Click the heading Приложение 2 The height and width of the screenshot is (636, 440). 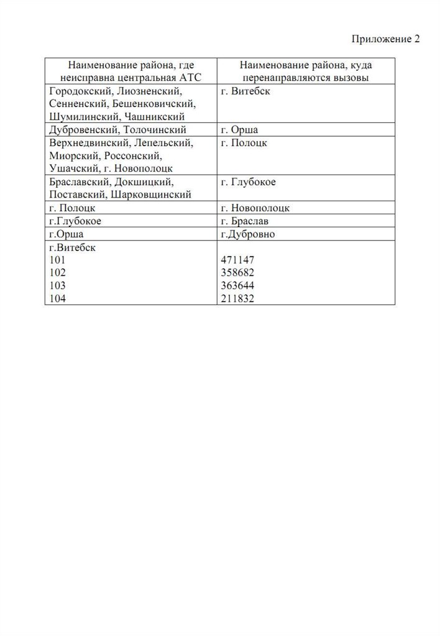coord(386,40)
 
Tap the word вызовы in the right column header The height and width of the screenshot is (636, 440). coord(349,78)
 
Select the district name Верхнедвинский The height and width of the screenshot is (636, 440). coord(88,143)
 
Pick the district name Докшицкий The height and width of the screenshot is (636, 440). coord(144,182)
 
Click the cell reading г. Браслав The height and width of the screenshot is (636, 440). coord(244,221)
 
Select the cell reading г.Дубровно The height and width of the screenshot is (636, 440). coord(247,234)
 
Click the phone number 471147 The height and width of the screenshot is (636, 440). coord(237,261)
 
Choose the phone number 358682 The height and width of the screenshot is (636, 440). coord(237,273)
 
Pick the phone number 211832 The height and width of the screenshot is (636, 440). coord(237,299)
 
